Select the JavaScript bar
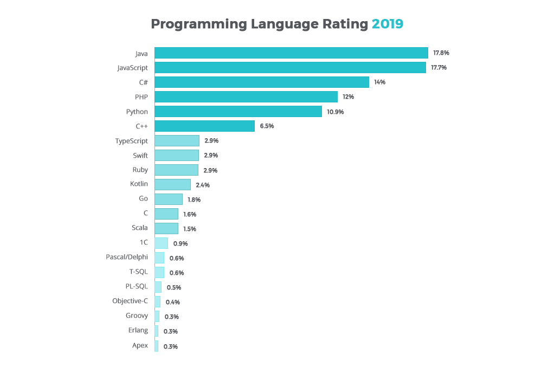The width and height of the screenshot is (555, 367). [290, 67]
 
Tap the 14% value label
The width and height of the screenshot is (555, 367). [379, 82]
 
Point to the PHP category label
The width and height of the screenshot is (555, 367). [141, 97]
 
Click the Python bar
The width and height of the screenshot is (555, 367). [238, 111]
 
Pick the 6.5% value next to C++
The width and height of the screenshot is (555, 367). [267, 126]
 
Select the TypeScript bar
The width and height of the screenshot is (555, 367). [177, 141]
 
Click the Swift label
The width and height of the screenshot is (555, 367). [140, 156]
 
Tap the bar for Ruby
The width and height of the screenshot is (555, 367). [176, 170]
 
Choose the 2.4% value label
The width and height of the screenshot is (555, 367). [203, 185]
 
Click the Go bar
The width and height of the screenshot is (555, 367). [168, 199]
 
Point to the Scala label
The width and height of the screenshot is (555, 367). [139, 228]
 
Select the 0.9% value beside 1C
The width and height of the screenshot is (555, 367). [180, 243]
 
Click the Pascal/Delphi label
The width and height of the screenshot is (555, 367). [127, 257]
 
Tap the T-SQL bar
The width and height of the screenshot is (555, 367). [159, 272]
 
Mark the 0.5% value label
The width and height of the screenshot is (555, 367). [174, 287]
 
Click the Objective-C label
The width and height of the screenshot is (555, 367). [130, 301]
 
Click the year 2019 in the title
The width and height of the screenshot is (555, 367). [388, 24]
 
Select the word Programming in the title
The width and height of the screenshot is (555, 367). [198, 24]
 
